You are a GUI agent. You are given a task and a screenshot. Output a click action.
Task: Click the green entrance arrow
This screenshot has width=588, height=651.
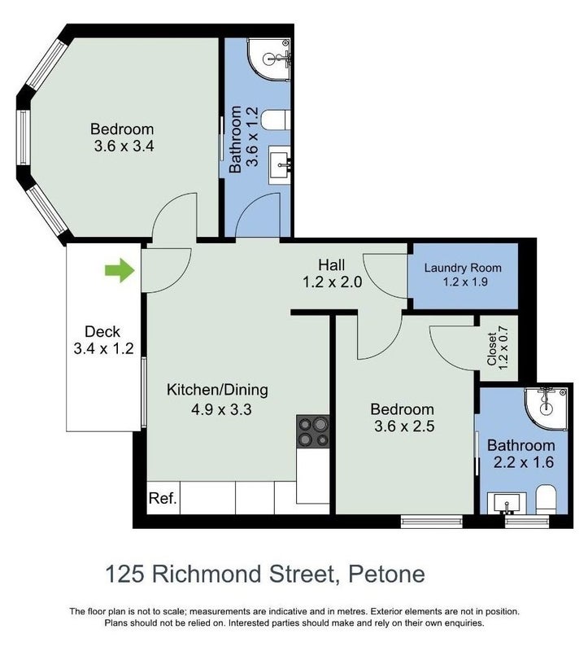tap(120, 270)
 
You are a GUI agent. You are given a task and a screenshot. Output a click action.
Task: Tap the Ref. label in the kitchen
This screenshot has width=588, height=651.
tap(163, 498)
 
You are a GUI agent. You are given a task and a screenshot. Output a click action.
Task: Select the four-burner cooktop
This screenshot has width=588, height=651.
tap(313, 431)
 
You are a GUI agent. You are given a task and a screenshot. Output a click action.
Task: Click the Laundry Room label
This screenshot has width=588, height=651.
tap(463, 268)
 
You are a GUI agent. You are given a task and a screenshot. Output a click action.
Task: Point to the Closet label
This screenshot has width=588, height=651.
tap(492, 349)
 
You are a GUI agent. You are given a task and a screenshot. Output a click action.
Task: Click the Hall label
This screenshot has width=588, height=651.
tap(332, 264)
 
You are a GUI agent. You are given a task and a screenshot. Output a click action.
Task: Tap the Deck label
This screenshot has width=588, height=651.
tap(102, 332)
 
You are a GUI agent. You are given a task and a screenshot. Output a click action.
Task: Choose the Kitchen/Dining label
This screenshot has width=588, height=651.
tap(217, 390)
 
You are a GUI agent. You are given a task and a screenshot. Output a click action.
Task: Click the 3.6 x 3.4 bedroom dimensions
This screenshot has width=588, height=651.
tap(124, 146)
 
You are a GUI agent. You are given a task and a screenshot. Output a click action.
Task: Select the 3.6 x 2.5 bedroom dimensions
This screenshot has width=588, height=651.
tap(404, 426)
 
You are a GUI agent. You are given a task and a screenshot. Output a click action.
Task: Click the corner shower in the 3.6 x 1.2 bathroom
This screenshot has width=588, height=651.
tap(269, 59)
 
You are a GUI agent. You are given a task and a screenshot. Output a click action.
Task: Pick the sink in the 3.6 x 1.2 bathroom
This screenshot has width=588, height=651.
tap(281, 165)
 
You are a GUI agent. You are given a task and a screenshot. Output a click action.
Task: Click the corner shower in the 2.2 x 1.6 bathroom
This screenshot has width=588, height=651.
tap(546, 409)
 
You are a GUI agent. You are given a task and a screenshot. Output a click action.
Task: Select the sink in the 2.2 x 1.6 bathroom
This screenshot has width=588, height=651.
tap(507, 503)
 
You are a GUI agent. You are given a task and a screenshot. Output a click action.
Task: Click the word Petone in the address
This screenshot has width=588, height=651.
tap(386, 575)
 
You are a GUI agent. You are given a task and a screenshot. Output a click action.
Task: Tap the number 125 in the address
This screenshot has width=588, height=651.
tap(124, 575)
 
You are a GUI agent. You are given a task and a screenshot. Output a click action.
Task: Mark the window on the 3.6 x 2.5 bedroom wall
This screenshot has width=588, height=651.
tap(432, 522)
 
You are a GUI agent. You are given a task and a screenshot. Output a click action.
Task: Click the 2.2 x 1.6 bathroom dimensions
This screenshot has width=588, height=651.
tap(524, 462)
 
